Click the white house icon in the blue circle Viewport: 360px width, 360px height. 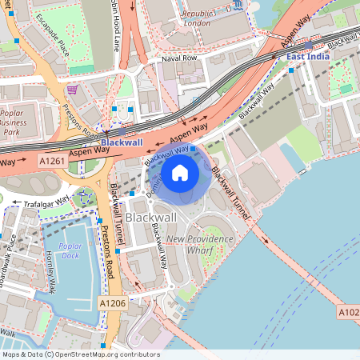point(180,172)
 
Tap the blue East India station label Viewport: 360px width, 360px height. point(306,57)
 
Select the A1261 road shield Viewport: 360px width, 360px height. point(52,161)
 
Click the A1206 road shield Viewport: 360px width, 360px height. point(112,303)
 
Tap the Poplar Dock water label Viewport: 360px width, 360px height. point(70,250)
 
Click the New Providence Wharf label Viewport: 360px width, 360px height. point(199,244)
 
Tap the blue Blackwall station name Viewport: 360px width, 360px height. point(122,142)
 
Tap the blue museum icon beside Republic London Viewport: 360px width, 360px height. point(239,7)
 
